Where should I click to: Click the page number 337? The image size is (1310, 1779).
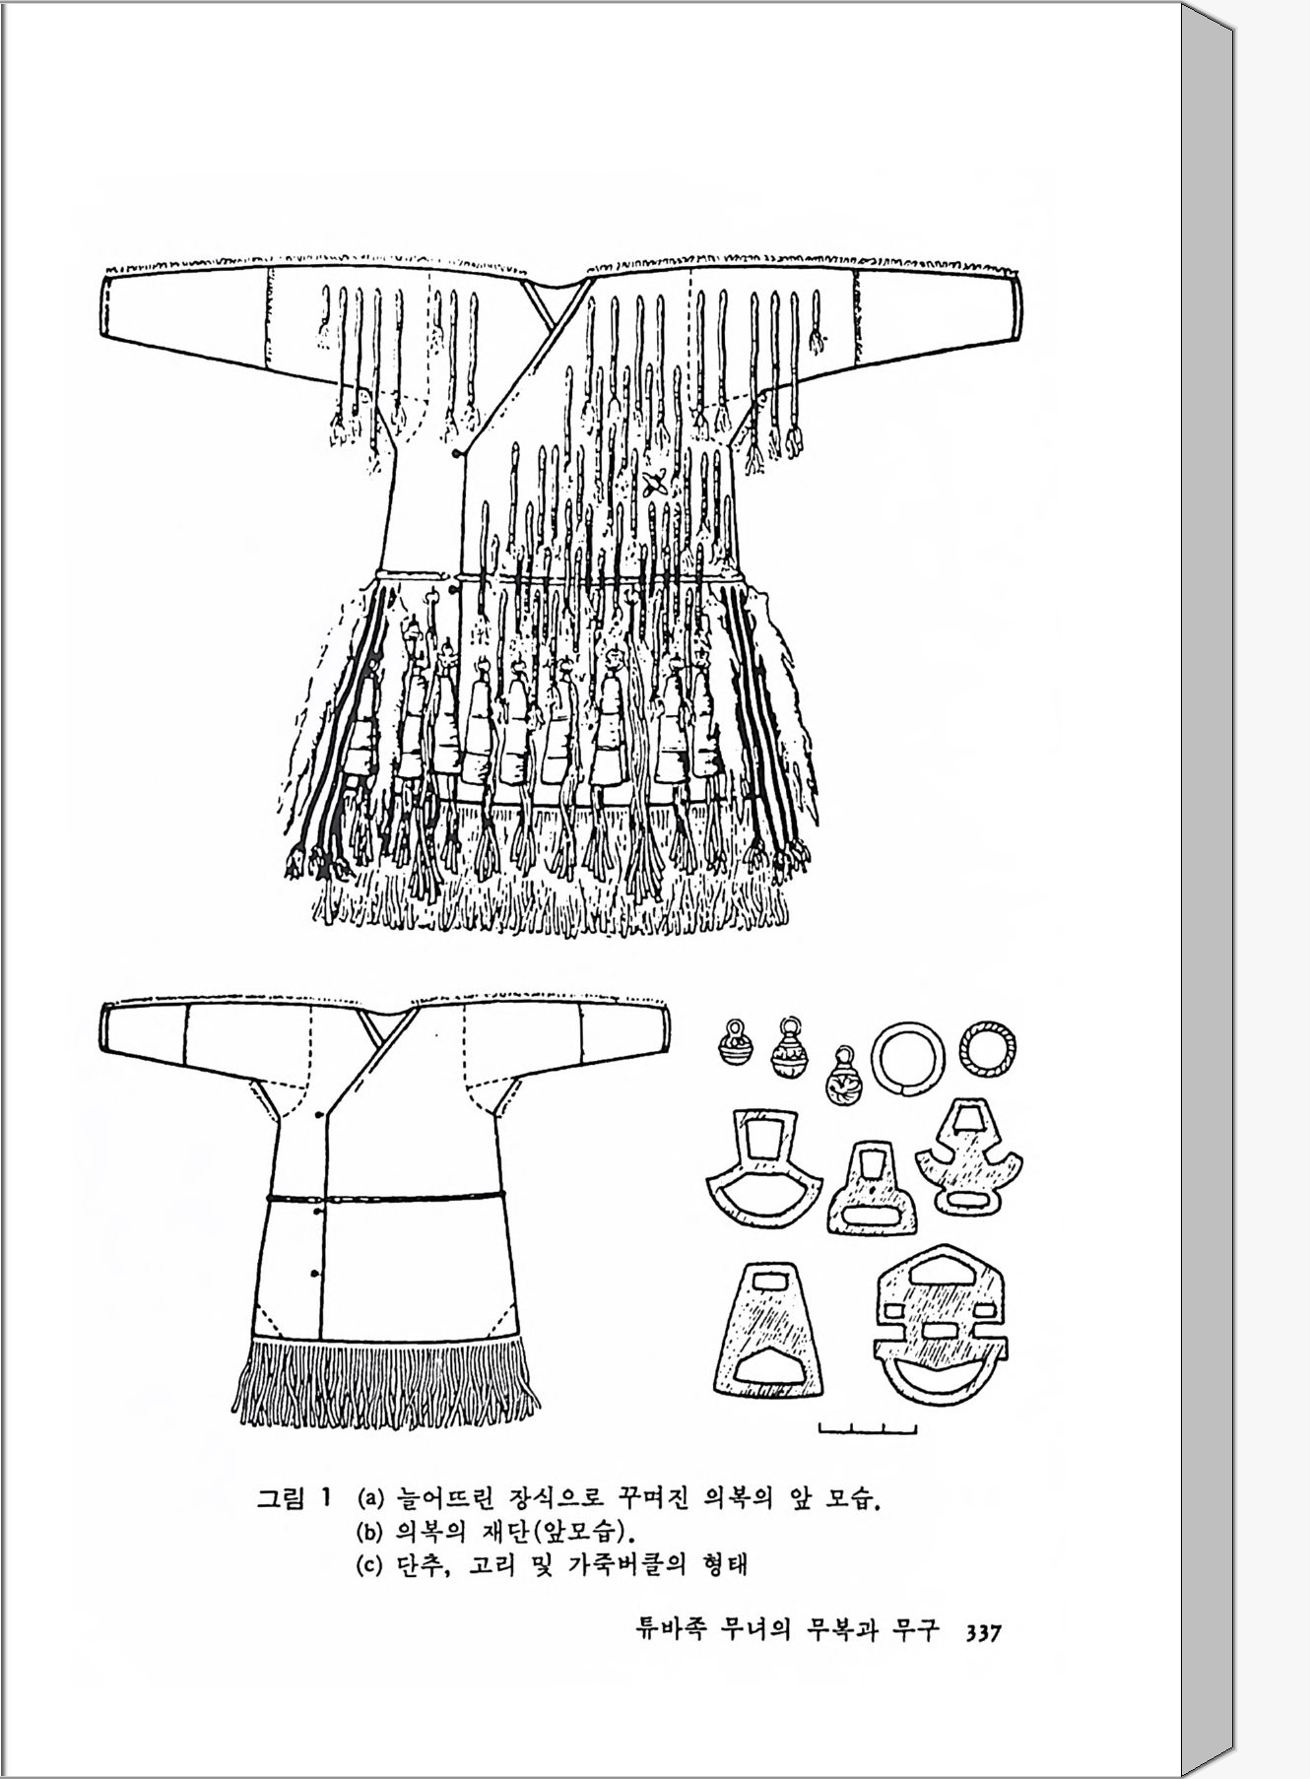tap(982, 1632)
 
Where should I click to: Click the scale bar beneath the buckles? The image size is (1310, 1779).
tap(868, 1429)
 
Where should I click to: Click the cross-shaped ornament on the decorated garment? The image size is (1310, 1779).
tap(655, 483)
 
